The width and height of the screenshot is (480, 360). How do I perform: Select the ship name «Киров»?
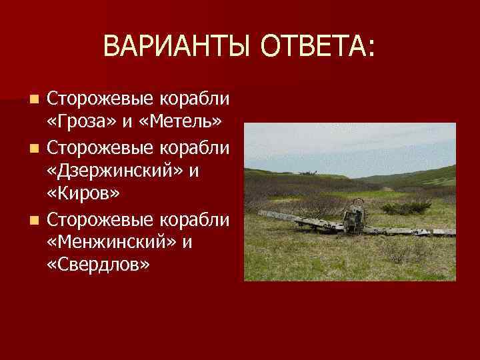coord(83,194)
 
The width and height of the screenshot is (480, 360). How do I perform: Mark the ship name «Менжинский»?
coord(110,242)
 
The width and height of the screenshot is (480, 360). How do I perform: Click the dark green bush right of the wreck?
coord(406,208)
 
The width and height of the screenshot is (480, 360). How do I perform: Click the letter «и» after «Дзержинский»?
coord(194,171)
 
